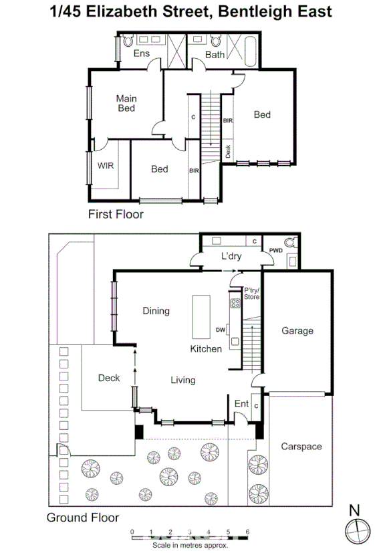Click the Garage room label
click(x=297, y=330)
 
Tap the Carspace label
click(x=301, y=446)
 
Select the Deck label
click(x=109, y=378)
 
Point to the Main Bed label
click(x=126, y=103)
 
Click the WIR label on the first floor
click(x=106, y=164)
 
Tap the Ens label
click(x=141, y=53)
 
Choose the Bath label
click(x=215, y=54)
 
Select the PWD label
click(x=276, y=250)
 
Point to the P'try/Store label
click(x=251, y=292)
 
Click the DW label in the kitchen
click(x=220, y=329)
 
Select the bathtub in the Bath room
click(x=251, y=51)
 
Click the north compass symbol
click(x=358, y=530)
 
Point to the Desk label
click(x=228, y=151)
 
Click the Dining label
click(x=156, y=310)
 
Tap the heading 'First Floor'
click(x=116, y=215)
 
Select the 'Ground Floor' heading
click(x=82, y=518)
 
